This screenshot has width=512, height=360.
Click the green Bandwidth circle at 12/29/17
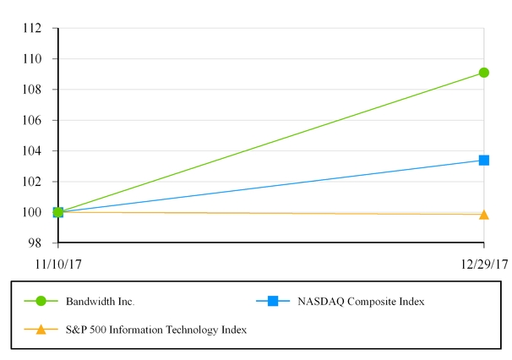click(x=483, y=73)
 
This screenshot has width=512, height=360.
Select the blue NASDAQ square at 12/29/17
click(x=483, y=160)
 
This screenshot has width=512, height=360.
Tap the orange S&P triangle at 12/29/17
click(x=483, y=215)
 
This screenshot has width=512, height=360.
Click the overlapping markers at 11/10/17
click(x=57, y=212)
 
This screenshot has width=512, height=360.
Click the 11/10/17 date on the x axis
click(x=58, y=265)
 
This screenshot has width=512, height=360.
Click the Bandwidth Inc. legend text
click(x=100, y=301)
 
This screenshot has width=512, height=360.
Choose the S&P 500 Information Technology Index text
click(x=156, y=330)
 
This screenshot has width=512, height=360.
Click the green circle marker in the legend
click(x=41, y=301)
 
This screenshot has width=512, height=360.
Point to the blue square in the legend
click(x=272, y=301)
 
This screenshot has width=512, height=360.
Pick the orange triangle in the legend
click(x=41, y=329)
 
